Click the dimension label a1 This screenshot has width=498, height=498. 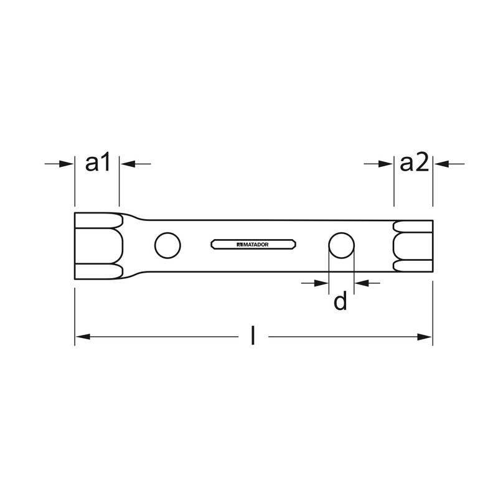pyautogui.click(x=97, y=164)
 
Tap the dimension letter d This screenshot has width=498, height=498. pyautogui.click(x=340, y=302)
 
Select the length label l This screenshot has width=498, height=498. pyautogui.click(x=253, y=337)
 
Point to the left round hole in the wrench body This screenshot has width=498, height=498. pyautogui.click(x=166, y=245)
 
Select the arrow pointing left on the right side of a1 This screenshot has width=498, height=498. pyautogui.click(x=127, y=164)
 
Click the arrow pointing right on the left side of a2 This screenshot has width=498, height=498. pyautogui.click(x=386, y=164)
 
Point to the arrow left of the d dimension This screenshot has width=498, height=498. pyautogui.click(x=321, y=283)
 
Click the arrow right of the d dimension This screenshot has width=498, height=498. pyautogui.click(x=361, y=283)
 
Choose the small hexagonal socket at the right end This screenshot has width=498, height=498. pyautogui.click(x=413, y=245)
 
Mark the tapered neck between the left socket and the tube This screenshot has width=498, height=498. pyautogui.click(x=134, y=245)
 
